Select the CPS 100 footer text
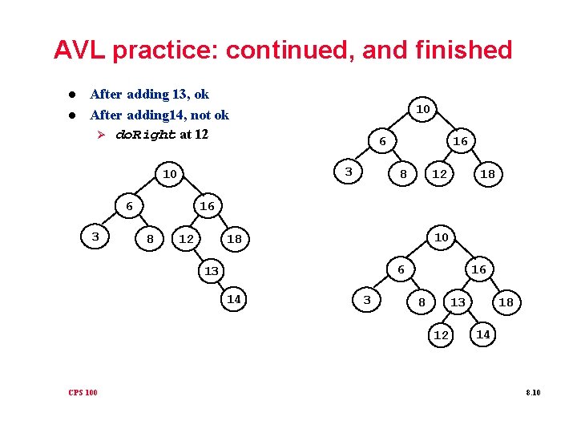[83, 392]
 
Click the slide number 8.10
[533, 392]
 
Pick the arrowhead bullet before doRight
[102, 134]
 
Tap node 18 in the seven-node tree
[486, 174]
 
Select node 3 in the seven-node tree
[348, 172]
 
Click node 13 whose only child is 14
[211, 271]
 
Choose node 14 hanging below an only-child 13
[234, 299]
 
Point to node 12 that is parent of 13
[186, 239]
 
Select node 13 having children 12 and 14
[458, 301]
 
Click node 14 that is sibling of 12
[482, 334]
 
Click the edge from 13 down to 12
[450, 318]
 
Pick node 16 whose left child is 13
[478, 269]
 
